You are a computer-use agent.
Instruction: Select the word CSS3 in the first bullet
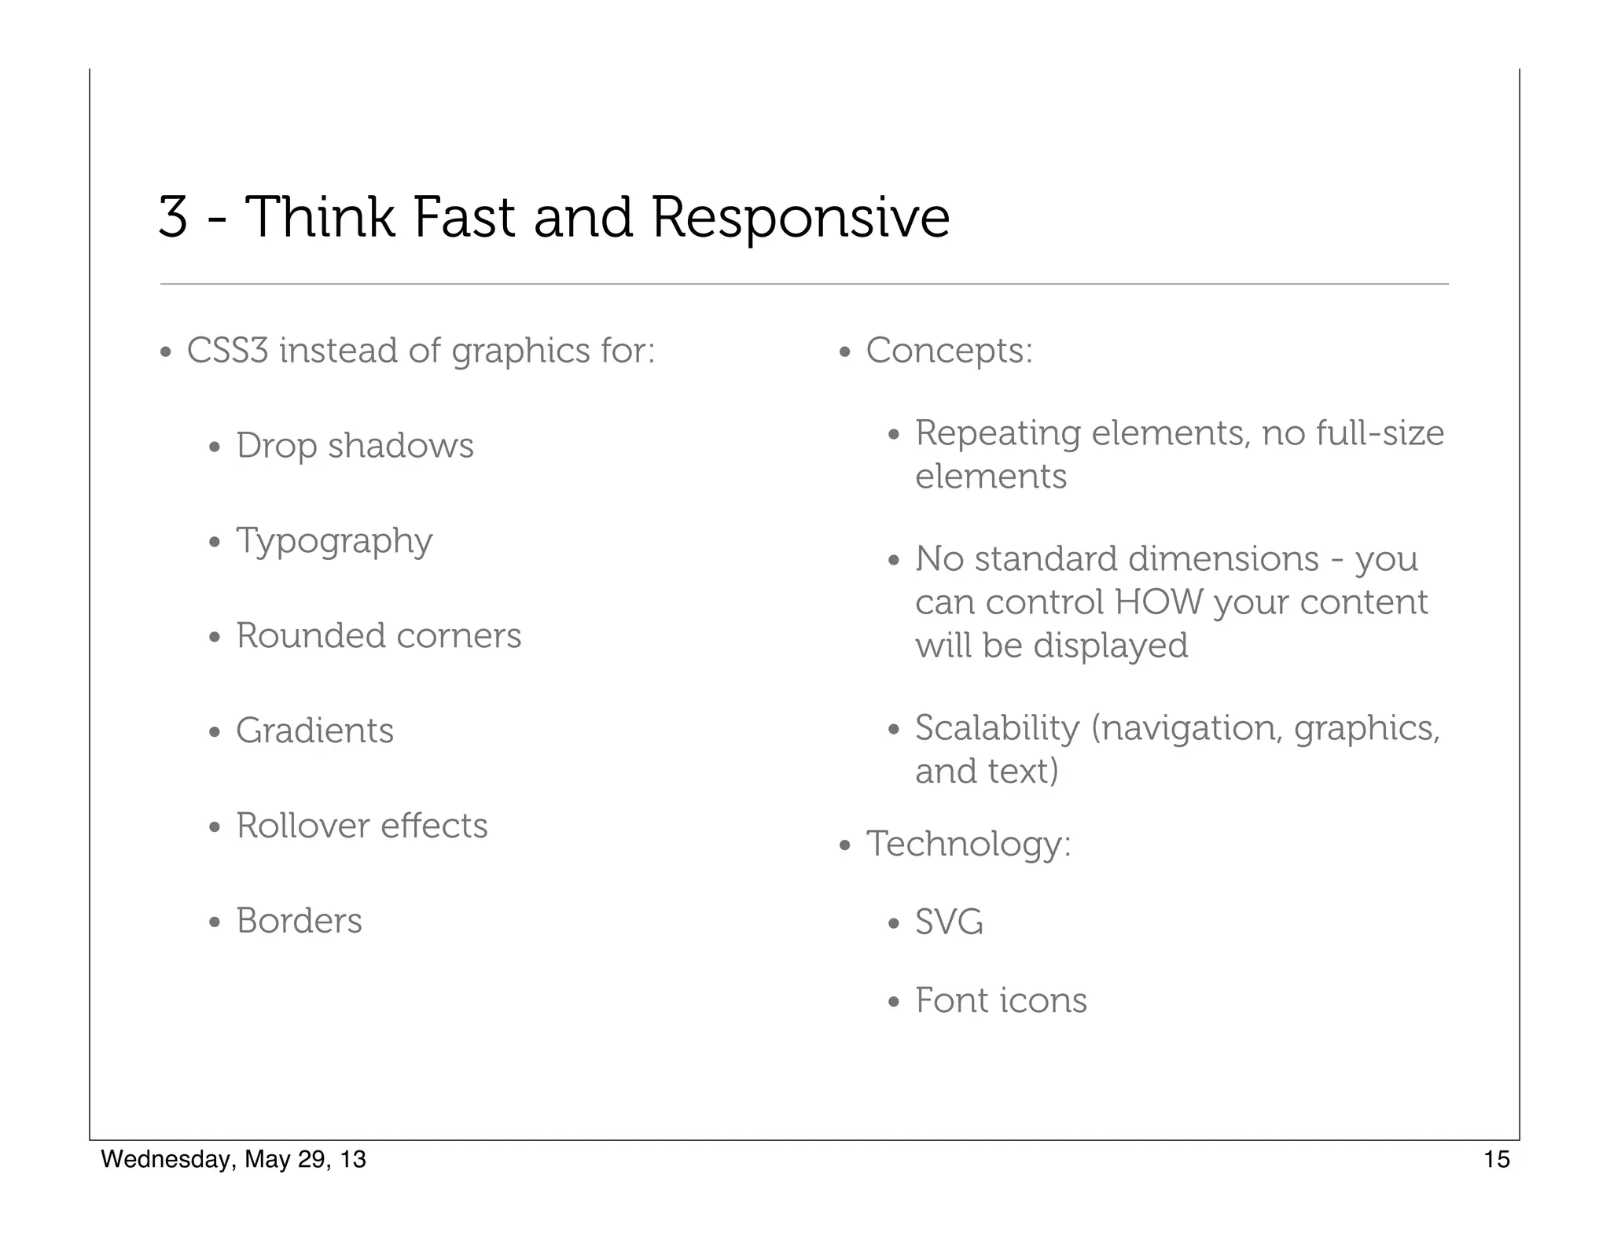coord(227,351)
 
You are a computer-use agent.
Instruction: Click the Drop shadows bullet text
coord(355,446)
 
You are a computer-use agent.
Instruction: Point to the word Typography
coord(334,542)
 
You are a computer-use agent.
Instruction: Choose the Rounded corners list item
coord(378,636)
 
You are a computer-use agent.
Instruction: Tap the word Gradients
coord(314,731)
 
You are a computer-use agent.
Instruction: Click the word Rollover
coord(303,826)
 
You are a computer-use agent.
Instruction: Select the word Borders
coord(299,922)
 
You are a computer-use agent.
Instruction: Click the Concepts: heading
coord(949,351)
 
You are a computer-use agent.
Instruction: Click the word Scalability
coord(997,729)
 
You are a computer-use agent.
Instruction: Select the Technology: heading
coord(968,845)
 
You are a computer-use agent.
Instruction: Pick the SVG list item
coord(949,922)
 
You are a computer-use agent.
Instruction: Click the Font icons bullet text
coord(1001,1001)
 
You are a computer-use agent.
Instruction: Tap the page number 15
coord(1496,1160)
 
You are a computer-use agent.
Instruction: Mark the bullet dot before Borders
coord(215,922)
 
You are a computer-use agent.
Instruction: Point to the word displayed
coord(1110,646)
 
